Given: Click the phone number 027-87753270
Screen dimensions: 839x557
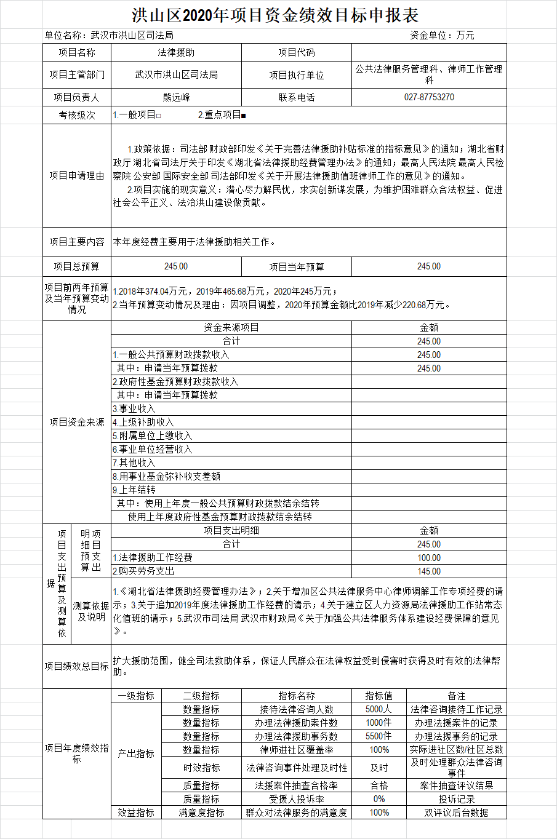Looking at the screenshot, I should click(429, 97).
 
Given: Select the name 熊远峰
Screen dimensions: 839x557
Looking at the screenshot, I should click(176, 97).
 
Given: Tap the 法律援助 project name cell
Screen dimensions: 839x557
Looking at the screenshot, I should click(176, 53).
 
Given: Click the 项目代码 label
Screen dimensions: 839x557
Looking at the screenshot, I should click(296, 53).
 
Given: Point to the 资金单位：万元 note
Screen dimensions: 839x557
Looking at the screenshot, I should click(442, 36).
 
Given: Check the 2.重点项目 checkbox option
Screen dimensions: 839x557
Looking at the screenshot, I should click(222, 115).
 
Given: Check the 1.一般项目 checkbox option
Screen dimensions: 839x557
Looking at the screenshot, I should click(137, 115).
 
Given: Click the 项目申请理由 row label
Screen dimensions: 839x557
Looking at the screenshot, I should click(77, 175).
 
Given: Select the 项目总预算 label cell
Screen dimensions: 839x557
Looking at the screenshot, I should click(77, 266).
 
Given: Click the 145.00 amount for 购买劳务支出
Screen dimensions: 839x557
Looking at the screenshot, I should click(429, 571).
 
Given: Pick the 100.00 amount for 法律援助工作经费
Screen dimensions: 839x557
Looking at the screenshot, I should click(429, 558).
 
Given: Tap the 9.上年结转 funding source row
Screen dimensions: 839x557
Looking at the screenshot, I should click(134, 490).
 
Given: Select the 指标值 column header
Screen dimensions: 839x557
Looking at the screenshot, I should click(379, 696).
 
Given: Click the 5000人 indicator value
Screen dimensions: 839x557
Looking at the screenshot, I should click(379, 709).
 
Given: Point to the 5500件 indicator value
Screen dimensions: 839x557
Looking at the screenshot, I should click(379, 736).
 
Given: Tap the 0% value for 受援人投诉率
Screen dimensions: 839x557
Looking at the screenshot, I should click(379, 799).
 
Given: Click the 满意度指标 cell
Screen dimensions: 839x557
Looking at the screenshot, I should click(201, 813).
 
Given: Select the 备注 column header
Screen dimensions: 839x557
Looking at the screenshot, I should click(456, 696).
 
